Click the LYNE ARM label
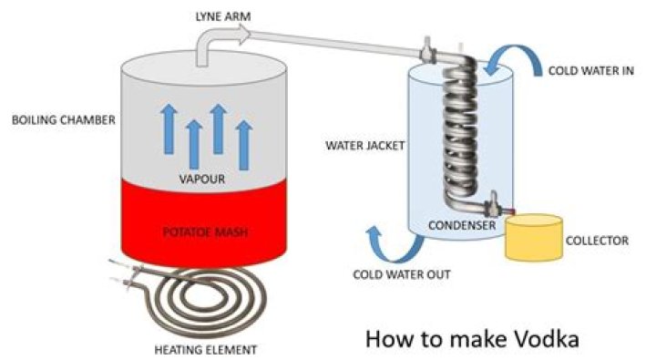click(x=223, y=16)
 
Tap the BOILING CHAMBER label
click(x=64, y=120)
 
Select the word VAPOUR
click(x=202, y=180)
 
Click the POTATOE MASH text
click(x=205, y=231)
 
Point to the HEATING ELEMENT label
click(x=206, y=350)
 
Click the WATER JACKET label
click(x=365, y=146)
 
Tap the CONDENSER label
click(x=462, y=225)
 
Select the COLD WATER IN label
click(x=591, y=71)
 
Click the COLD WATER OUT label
click(x=402, y=274)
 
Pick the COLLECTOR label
click(x=597, y=241)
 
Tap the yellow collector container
click(x=533, y=237)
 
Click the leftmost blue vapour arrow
click(x=169, y=129)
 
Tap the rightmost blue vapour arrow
click(x=244, y=145)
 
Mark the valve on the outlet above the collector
click(x=494, y=205)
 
